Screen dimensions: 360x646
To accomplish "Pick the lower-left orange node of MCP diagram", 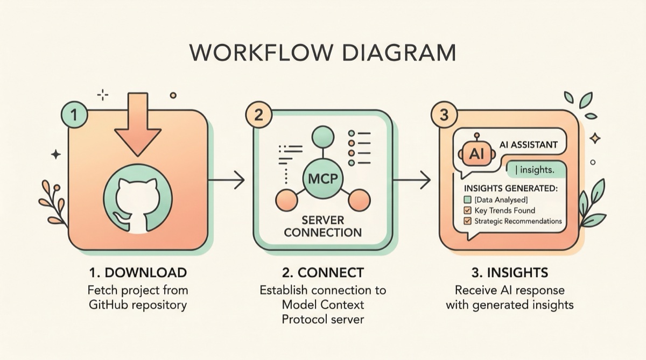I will [287, 201].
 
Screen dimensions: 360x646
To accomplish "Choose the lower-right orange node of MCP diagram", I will [359, 201].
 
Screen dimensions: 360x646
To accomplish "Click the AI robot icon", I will [476, 153].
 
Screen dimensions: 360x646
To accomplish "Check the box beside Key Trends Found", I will [467, 210].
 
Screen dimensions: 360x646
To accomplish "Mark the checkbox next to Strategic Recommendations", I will [467, 221].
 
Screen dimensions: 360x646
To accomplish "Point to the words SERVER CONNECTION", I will [323, 227].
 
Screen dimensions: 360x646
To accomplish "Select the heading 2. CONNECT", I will [322, 272].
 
